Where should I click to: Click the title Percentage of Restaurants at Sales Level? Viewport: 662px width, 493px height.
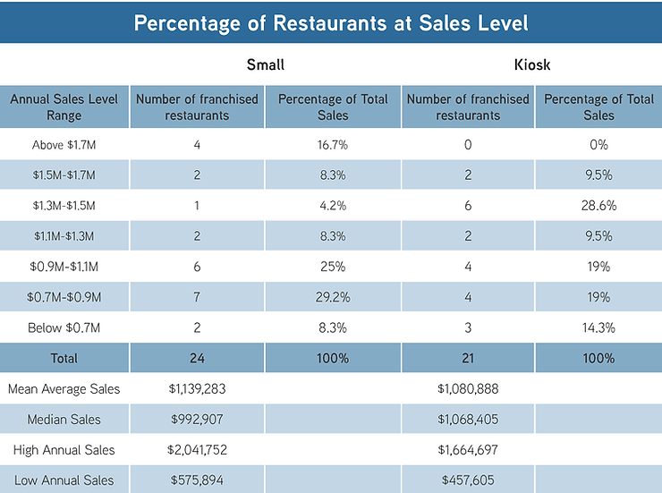point(330,22)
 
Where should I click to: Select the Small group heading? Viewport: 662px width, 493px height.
point(266,64)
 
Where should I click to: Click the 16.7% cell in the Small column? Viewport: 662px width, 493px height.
point(333,145)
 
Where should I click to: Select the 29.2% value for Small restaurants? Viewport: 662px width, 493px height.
point(333,297)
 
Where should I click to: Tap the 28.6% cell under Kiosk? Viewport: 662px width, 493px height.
point(598,206)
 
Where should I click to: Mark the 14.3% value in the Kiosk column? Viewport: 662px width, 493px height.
point(598,327)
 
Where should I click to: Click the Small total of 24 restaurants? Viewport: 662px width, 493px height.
point(197,358)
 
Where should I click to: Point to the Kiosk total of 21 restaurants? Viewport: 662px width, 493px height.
point(468,358)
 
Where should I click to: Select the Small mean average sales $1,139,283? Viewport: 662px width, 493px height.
point(197,389)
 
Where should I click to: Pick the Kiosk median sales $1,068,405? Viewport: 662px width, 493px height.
point(468,420)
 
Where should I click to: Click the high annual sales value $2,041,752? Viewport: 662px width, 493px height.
point(197,450)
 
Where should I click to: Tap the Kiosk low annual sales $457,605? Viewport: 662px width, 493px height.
point(468,480)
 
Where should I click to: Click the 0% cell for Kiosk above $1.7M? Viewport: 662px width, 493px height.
point(598,145)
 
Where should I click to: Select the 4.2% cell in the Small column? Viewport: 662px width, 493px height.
point(333,206)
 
